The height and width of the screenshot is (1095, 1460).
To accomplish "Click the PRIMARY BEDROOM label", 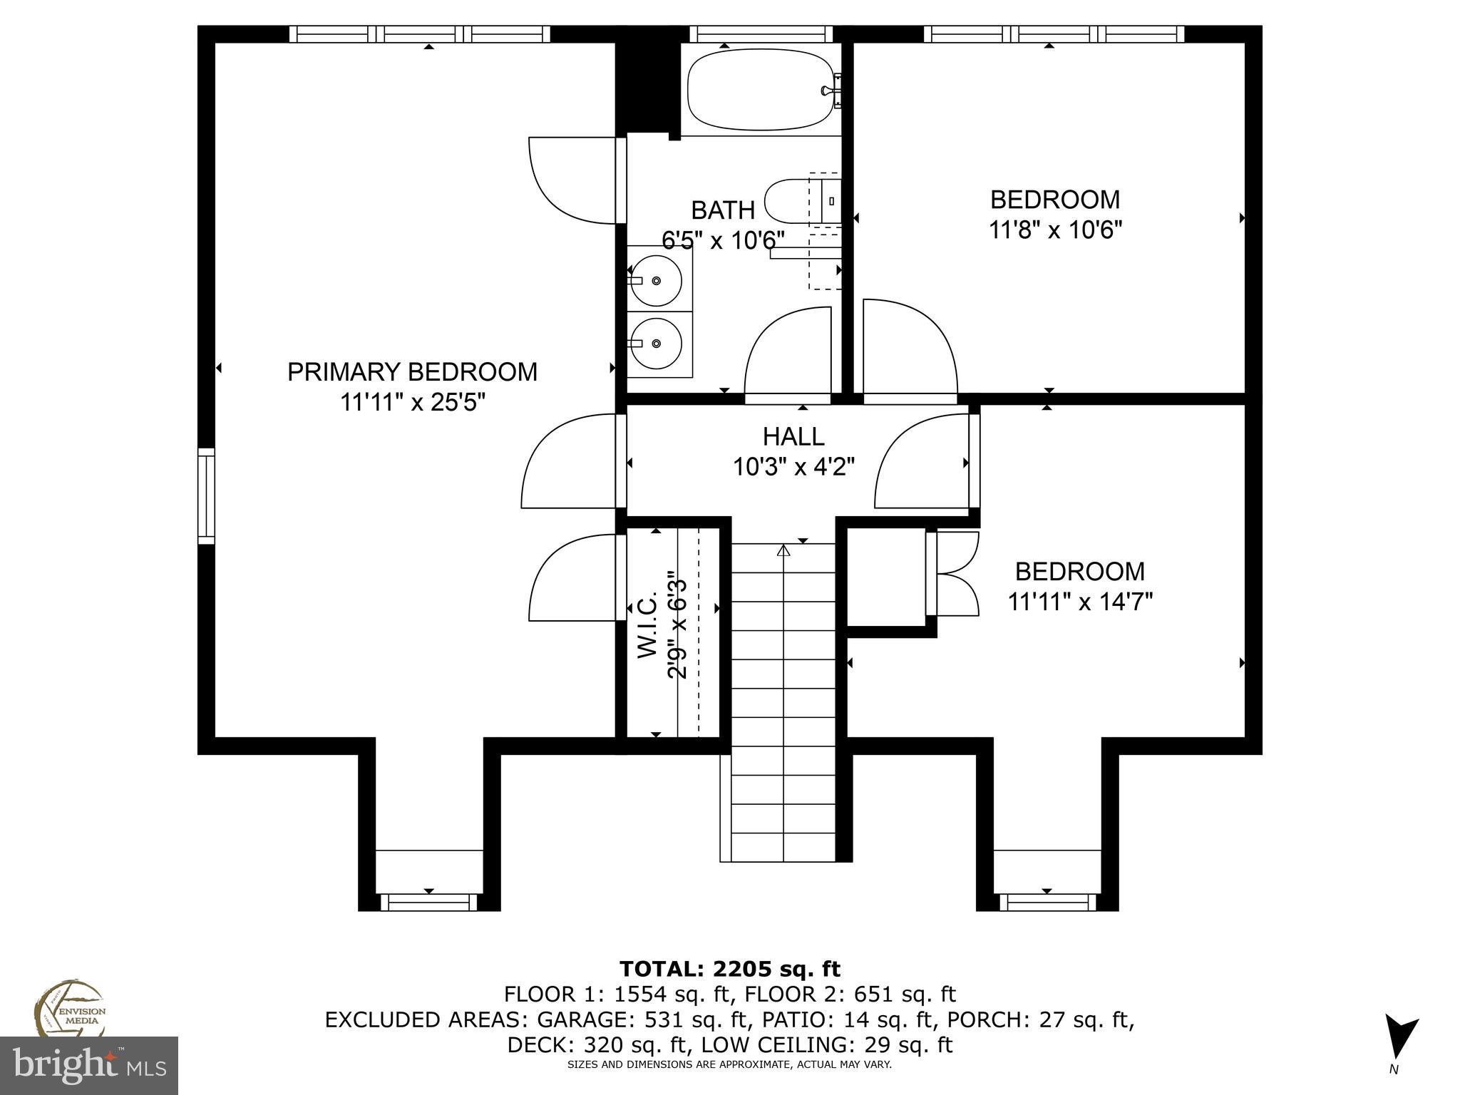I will (412, 372).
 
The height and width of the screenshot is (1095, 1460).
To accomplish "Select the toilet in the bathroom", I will (791, 202).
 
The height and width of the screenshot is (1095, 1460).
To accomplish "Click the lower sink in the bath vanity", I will (657, 343).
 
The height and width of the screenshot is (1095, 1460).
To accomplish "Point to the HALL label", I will (793, 436).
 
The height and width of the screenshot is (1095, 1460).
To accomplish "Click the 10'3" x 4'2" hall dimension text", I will (793, 467).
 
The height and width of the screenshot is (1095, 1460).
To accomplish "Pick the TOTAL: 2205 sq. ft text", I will (729, 969).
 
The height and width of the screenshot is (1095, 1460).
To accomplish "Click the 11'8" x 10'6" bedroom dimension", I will (1055, 230).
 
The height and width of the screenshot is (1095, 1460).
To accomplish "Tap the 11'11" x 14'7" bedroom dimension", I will (1080, 602).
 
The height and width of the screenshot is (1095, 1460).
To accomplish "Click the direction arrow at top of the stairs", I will (783, 550).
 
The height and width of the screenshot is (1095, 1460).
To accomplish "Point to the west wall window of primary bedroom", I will (206, 495).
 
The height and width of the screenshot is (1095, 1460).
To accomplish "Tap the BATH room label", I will (723, 210).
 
